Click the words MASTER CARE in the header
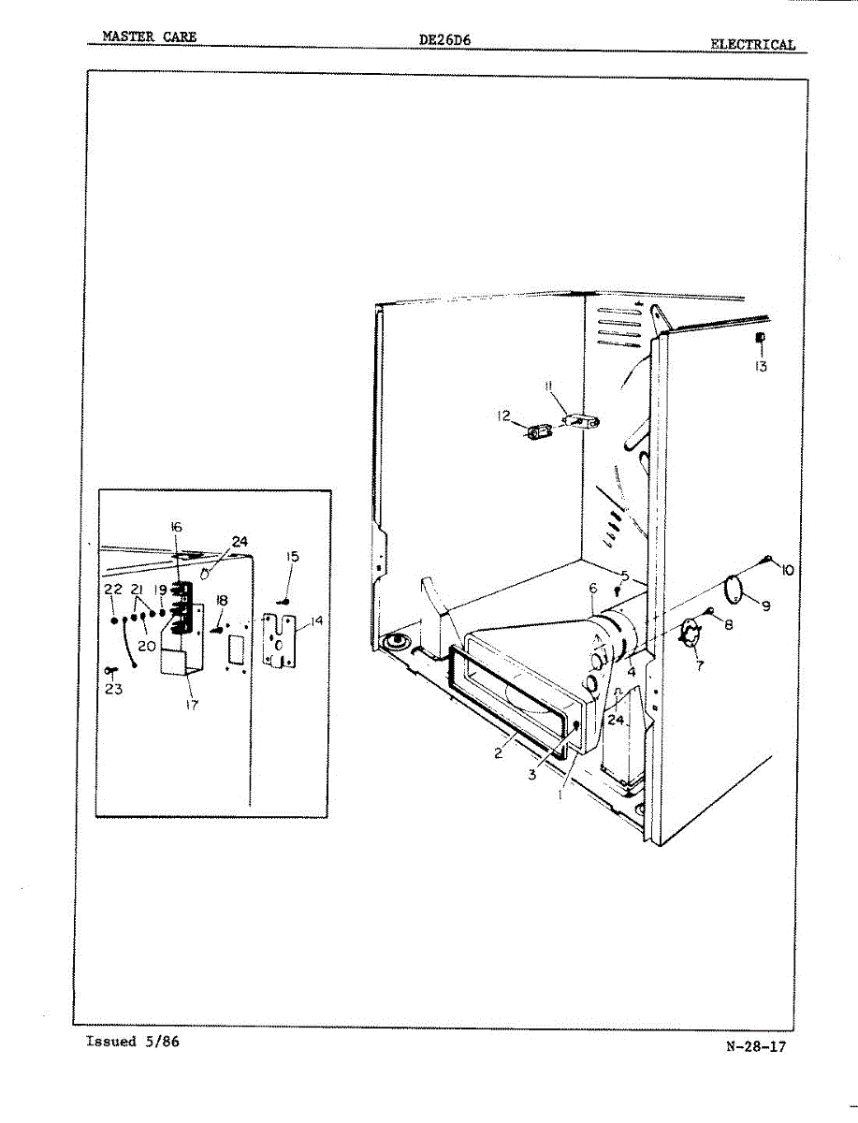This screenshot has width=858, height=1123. [150, 37]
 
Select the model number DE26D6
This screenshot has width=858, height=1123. [445, 39]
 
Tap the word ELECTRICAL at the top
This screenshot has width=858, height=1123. [752, 44]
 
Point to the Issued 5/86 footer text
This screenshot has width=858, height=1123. [132, 1042]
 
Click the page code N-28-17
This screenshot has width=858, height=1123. [755, 1046]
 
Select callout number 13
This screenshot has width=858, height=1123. [761, 367]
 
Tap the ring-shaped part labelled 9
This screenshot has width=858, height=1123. [736, 590]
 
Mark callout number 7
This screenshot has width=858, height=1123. [700, 665]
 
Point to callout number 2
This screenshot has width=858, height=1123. [500, 752]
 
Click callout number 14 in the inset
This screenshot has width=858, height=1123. [315, 620]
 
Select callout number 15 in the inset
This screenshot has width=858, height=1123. [292, 557]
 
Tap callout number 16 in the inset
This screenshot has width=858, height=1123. [176, 527]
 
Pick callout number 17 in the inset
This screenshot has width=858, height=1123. [192, 706]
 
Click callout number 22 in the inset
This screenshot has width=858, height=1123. [113, 590]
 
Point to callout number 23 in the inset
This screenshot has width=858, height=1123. [114, 689]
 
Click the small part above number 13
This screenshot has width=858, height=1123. [761, 338]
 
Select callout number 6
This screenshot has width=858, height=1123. [592, 588]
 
